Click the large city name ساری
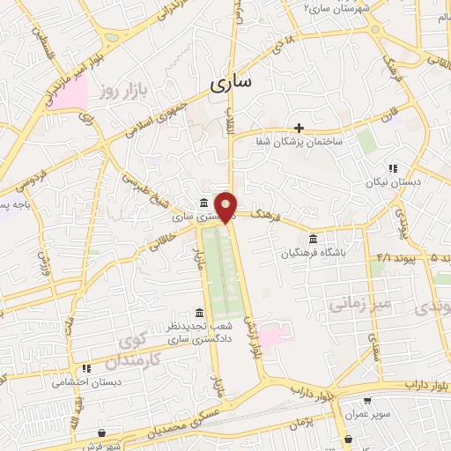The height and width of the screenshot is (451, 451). (231, 84)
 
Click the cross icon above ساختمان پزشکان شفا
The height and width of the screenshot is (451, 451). (299, 128)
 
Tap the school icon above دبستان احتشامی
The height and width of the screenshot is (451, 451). (85, 368)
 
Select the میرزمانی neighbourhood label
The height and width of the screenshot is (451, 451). (358, 305)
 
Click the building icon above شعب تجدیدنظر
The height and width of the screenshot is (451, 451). (200, 314)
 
